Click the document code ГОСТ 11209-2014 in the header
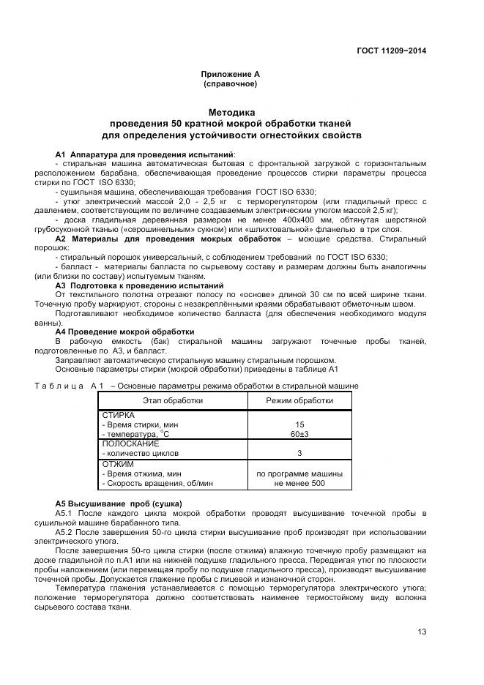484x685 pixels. (390, 50)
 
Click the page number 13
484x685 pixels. (422, 632)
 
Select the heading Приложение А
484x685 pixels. (231, 74)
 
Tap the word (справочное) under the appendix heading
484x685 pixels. (231, 84)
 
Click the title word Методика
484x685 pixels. (231, 113)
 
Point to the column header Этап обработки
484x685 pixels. (173, 400)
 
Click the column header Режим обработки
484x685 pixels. (299, 400)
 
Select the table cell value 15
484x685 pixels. (299, 424)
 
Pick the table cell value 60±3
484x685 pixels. (299, 434)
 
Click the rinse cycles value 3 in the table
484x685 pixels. (299, 453)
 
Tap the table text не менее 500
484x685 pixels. (299, 483)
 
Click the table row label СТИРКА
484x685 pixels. (119, 415)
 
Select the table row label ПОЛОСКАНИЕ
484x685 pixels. (130, 443)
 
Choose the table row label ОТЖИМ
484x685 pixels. (116, 464)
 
